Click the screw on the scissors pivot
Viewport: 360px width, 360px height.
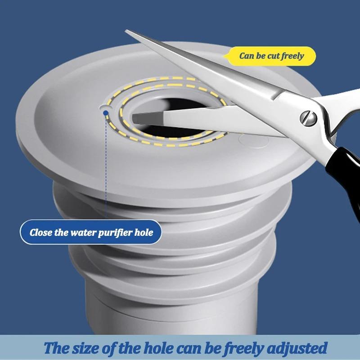308,118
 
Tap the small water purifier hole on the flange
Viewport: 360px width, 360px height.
104,109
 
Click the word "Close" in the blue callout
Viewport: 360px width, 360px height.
41,233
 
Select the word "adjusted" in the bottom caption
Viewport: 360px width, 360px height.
293,348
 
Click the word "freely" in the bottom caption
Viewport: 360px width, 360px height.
228,348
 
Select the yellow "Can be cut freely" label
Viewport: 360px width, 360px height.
271,56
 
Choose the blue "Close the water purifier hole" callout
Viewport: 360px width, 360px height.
90,233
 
